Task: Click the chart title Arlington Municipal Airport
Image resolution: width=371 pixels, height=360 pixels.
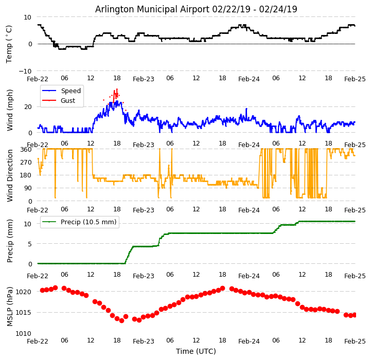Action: (196, 9)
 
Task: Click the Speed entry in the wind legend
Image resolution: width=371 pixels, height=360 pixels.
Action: (70, 91)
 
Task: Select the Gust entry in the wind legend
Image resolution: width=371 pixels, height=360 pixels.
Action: (68, 101)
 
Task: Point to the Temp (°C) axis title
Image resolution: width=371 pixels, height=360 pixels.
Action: (9, 44)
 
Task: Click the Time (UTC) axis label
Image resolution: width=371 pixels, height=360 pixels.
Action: (196, 351)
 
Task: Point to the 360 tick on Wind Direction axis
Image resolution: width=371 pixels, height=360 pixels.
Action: (26, 149)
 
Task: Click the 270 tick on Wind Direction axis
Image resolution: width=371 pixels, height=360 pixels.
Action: (26, 162)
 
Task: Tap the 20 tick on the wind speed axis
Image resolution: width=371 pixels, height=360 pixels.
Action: (28, 106)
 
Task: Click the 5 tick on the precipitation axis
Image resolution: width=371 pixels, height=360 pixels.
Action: (30, 244)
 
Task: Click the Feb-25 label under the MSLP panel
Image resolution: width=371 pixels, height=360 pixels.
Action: (355, 341)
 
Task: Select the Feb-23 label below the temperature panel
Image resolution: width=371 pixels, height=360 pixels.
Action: (144, 79)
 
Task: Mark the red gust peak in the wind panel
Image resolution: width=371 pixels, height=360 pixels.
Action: (117, 89)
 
